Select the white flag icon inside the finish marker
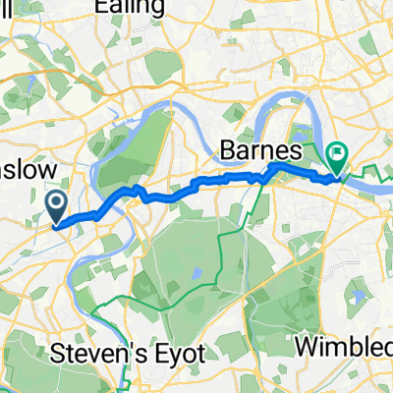click(339, 153)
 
